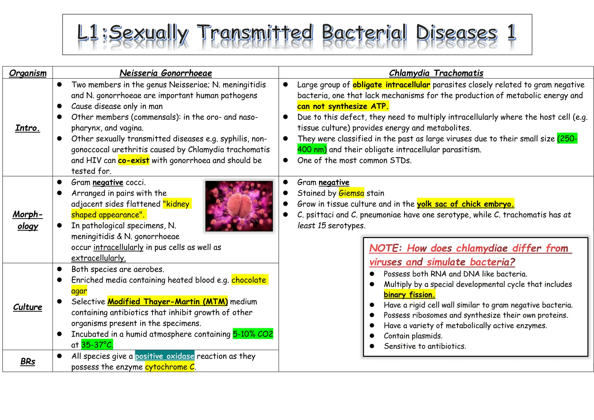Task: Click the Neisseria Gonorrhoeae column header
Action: [x=166, y=73]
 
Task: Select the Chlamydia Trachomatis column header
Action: [x=436, y=73]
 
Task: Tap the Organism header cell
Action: [x=28, y=73]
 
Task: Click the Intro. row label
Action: [x=28, y=128]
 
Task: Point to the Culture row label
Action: [x=28, y=307]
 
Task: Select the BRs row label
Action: [x=28, y=361]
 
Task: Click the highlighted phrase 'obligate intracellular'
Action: [x=391, y=85]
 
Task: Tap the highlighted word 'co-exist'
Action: [x=133, y=160]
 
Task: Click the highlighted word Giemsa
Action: [x=351, y=193]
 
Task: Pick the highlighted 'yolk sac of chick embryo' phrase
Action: [x=465, y=204]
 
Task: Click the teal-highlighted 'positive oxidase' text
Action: [x=164, y=356]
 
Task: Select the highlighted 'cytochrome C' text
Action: [x=170, y=367]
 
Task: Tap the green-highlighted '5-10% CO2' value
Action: [x=253, y=334]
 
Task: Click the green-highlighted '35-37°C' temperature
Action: [x=97, y=345]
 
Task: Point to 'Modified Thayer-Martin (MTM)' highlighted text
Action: [x=168, y=302]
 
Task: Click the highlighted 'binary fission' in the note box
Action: [x=409, y=295]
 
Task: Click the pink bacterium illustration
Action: [x=239, y=206]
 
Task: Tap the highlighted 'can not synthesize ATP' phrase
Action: [x=343, y=106]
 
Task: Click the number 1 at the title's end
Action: [x=511, y=32]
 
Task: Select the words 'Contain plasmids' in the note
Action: [x=413, y=336]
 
